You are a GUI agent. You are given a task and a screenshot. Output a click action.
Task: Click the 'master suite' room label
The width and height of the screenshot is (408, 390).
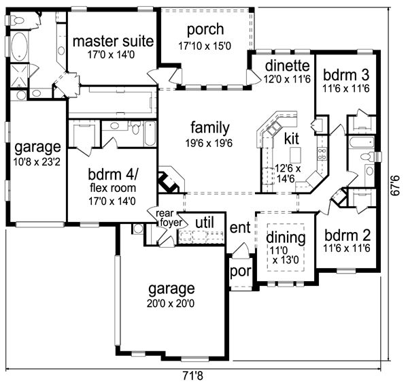(113, 42)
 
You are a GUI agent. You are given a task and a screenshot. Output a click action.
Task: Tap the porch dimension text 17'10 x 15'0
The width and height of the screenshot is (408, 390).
(205, 46)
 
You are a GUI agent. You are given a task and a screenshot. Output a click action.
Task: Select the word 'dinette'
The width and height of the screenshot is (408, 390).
(287, 65)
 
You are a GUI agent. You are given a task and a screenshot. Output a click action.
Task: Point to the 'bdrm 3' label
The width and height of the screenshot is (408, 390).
(346, 75)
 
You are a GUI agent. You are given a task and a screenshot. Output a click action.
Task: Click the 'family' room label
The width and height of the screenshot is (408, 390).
(210, 128)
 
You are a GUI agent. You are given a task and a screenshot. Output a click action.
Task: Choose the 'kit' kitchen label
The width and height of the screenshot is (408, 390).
(292, 138)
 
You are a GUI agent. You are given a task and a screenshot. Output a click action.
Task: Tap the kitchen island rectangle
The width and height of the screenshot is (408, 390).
(296, 155)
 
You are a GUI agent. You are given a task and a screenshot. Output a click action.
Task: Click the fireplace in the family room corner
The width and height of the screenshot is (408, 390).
(171, 180)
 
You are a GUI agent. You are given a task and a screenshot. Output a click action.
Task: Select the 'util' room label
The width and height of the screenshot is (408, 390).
(205, 223)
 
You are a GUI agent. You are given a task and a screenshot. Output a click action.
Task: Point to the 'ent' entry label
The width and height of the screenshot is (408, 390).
(240, 228)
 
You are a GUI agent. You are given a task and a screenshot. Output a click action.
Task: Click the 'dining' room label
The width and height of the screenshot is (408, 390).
(286, 238)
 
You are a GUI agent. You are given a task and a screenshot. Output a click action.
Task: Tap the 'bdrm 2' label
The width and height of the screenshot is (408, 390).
(347, 235)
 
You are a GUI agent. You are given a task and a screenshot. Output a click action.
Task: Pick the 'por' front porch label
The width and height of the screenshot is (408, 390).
(241, 272)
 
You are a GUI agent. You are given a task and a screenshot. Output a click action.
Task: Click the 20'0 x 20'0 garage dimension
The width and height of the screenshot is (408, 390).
(171, 304)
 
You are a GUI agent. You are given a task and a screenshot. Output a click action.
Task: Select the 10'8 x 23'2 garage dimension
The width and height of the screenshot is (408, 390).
(37, 162)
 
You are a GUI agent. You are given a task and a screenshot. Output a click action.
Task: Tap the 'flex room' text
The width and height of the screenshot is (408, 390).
(113, 188)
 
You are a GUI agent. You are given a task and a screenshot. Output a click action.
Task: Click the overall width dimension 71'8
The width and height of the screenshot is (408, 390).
(192, 376)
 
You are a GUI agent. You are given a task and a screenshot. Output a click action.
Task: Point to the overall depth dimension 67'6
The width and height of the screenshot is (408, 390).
(395, 186)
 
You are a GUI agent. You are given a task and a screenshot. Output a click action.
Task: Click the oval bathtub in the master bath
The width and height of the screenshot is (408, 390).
(19, 47)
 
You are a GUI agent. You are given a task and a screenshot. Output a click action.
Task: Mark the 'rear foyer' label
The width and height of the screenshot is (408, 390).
(169, 218)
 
